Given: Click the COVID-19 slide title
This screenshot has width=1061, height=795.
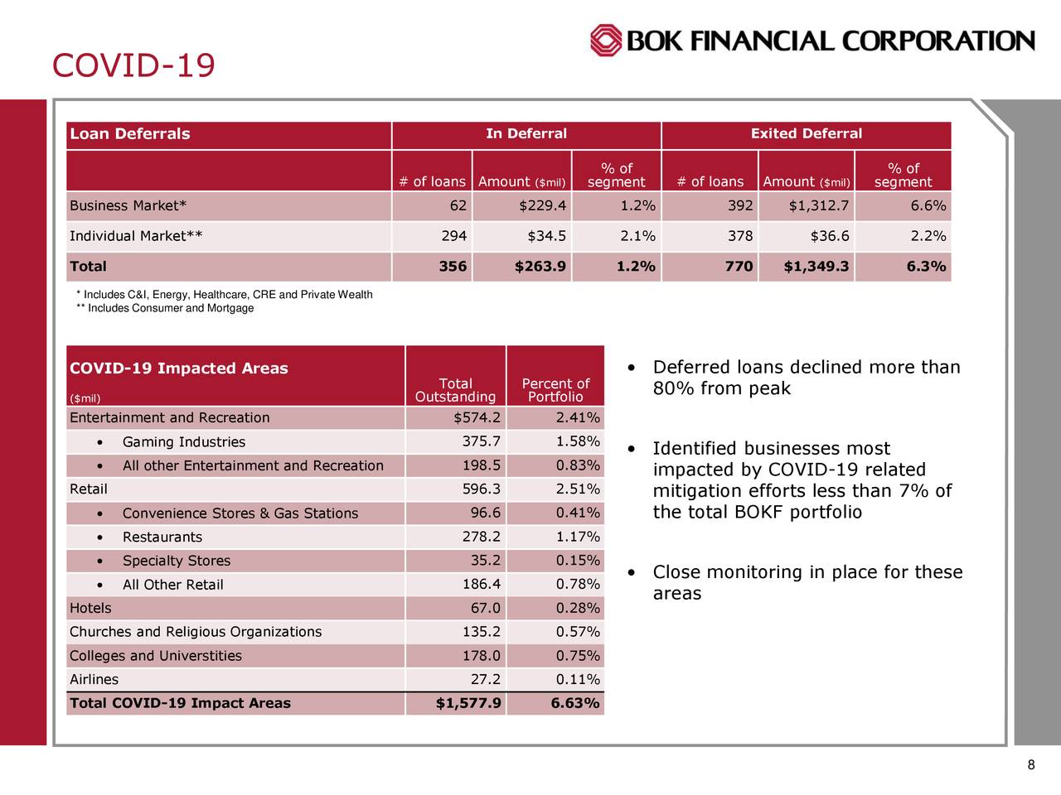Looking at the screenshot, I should [x=133, y=65].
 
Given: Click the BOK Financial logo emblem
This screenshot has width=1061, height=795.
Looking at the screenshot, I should [x=606, y=40].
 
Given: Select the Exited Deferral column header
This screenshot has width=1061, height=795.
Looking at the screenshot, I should [x=806, y=134].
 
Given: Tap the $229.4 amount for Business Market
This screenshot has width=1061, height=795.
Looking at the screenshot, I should [x=543, y=206].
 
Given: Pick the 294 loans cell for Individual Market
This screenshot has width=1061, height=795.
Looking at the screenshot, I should [x=453, y=237].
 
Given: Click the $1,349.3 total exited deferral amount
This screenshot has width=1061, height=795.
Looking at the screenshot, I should [x=816, y=267].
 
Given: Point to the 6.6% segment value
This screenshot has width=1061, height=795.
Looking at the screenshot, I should [x=928, y=206].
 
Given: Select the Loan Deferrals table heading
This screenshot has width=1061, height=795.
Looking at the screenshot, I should [x=130, y=134].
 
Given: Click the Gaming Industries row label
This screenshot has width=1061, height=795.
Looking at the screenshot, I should [x=183, y=442].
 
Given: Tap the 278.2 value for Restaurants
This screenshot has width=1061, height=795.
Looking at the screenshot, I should [x=481, y=537].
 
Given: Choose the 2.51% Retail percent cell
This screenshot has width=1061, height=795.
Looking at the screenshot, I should [x=578, y=489].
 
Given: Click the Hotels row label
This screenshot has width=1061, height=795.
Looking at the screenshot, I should [x=90, y=609].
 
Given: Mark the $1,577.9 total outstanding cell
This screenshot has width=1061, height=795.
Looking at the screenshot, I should [x=468, y=704].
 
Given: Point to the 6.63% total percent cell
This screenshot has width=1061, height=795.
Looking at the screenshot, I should [x=574, y=704].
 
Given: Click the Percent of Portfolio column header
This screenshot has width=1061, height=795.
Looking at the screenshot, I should [x=555, y=390].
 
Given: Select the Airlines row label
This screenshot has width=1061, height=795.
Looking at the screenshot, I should [x=94, y=680].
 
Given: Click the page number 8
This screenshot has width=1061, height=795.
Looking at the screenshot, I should [x=1030, y=765].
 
